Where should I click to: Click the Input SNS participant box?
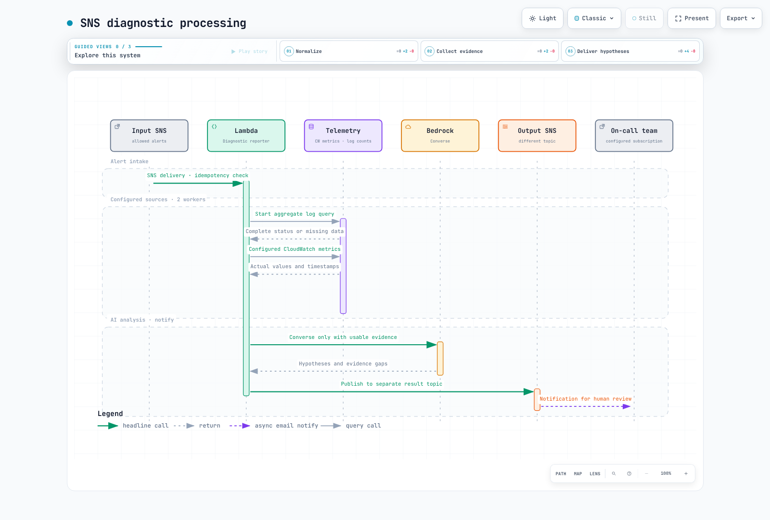click(149, 135)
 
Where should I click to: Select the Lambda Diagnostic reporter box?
click(246, 135)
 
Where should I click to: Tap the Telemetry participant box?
click(343, 135)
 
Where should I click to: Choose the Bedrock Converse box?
click(440, 135)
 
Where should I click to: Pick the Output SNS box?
click(537, 135)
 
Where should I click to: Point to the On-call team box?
click(634, 135)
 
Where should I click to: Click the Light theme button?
click(542, 18)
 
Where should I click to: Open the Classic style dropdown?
click(594, 18)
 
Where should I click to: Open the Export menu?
click(741, 18)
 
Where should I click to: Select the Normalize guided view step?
click(348, 51)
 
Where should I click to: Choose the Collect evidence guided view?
click(489, 51)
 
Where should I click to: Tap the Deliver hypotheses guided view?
click(630, 51)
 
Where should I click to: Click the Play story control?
click(249, 51)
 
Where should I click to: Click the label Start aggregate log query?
click(295, 214)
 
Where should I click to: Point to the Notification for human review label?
click(585, 399)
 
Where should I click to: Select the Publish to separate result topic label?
click(392, 384)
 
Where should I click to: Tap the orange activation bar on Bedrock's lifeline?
click(440, 358)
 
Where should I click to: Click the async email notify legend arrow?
click(240, 426)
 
